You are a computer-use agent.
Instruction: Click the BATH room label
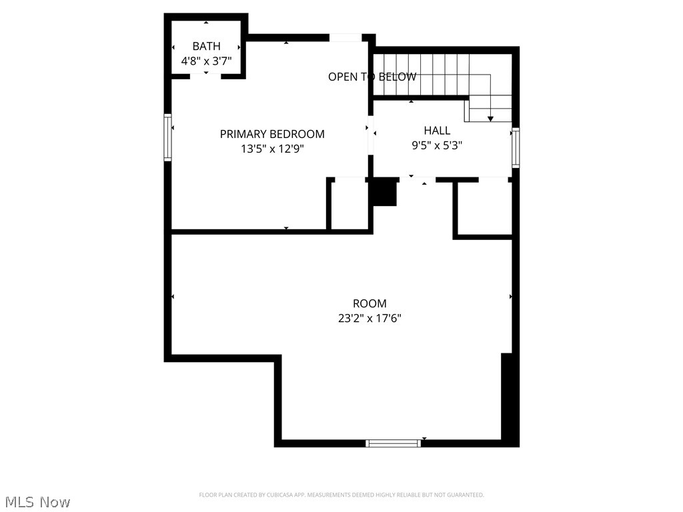coord(206,46)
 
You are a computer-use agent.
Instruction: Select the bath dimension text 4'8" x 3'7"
coord(206,61)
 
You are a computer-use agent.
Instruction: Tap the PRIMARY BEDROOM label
coord(272,134)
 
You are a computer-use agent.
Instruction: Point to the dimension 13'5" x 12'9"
coord(272,149)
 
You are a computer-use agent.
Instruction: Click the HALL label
coord(437,131)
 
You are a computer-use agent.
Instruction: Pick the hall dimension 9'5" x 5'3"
coord(437,145)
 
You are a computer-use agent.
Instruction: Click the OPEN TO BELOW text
coord(372,77)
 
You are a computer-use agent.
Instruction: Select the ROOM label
coord(370,304)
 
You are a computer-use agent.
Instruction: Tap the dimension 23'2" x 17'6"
coord(370,319)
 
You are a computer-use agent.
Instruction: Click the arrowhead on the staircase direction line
coord(490,119)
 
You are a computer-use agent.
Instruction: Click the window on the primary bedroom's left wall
coord(168,137)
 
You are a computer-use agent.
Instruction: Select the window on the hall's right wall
coord(515,147)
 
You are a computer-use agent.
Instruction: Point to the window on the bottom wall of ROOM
coord(394,443)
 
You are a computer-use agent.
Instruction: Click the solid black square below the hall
coord(384,193)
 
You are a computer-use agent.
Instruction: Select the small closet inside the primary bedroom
coord(348,205)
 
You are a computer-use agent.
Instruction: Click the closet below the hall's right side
coord(484,208)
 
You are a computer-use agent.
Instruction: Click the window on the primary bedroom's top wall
coord(346,37)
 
